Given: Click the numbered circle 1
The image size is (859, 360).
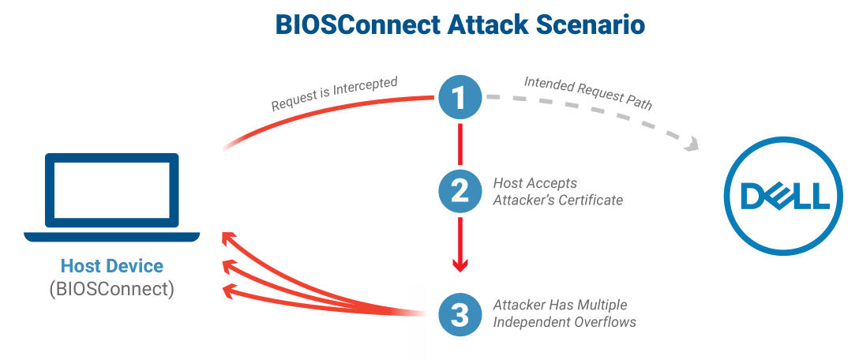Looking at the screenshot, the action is click(x=460, y=97).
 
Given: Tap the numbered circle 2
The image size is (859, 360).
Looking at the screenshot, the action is click(x=460, y=191).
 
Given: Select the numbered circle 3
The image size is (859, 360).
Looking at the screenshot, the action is click(x=460, y=314).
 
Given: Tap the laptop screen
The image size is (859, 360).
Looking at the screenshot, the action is click(x=112, y=189).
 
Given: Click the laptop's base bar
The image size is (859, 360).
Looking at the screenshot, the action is click(x=112, y=237).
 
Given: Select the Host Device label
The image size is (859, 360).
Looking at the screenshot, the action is click(x=112, y=266).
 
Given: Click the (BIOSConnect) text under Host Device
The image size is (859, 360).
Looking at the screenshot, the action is click(x=112, y=289).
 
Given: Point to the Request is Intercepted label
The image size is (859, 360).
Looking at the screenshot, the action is click(x=334, y=94).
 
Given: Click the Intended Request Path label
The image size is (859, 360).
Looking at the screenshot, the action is click(x=588, y=92).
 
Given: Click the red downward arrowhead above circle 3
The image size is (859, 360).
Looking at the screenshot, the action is click(x=460, y=265).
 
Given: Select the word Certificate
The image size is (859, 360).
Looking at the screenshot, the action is click(x=591, y=200).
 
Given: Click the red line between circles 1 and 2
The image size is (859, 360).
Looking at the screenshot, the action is click(x=460, y=144).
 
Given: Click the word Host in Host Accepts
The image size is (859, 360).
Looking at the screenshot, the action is click(x=506, y=182).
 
